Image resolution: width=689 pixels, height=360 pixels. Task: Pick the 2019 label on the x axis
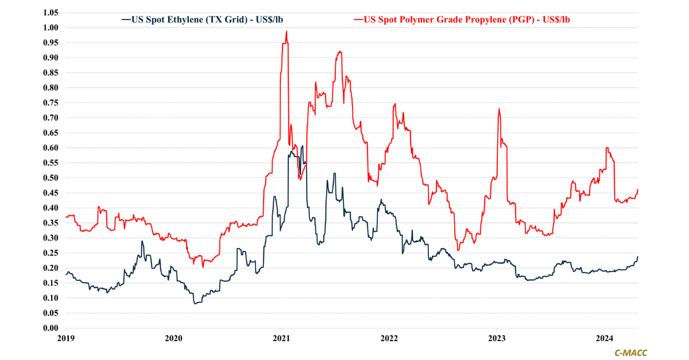point(66,339)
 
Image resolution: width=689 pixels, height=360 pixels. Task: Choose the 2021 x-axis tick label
point(281,339)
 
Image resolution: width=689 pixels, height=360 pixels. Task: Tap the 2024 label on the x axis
point(605,339)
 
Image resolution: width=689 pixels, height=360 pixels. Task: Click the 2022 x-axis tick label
point(389,339)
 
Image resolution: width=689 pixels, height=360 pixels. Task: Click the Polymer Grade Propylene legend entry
point(465,20)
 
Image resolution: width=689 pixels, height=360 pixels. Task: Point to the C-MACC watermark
point(630,353)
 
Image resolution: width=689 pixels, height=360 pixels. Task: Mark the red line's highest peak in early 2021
point(287,32)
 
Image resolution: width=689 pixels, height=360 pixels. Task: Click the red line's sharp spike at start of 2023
point(499,109)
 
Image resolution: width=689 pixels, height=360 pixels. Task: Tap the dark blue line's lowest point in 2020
point(195,303)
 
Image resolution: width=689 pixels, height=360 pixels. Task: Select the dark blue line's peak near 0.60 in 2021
point(303,146)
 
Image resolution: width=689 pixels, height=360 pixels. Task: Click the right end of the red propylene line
point(638,190)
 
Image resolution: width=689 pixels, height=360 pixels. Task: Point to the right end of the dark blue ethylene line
point(638,257)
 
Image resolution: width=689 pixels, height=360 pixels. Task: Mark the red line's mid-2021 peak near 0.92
point(340,52)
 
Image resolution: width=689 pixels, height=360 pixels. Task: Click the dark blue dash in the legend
point(126,20)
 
